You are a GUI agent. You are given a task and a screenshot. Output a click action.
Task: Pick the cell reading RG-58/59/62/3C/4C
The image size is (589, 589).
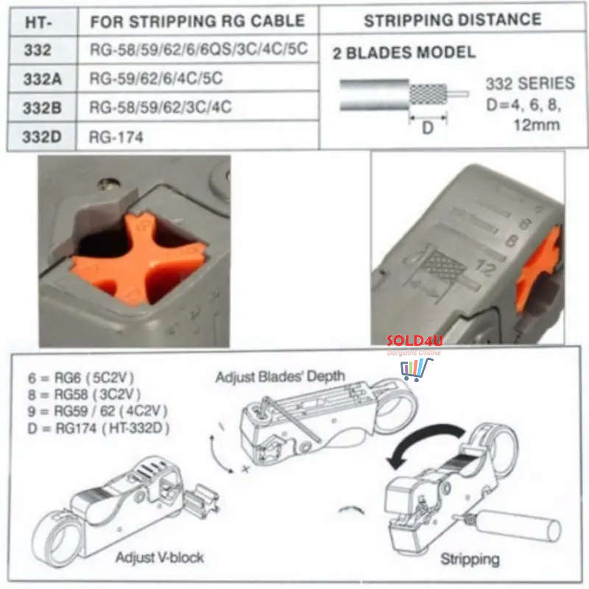[161, 107]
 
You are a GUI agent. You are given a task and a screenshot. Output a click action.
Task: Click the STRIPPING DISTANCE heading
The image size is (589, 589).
[452, 20]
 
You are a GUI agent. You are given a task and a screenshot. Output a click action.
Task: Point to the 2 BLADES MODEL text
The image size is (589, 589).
[403, 53]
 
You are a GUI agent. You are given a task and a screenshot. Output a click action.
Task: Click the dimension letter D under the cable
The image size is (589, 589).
[427, 127]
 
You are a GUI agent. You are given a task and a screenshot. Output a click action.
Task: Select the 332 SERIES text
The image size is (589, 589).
[530, 84]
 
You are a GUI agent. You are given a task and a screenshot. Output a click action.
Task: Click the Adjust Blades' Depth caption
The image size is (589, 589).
[280, 376]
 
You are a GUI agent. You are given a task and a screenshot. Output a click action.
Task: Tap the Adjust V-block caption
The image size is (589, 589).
[158, 557]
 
